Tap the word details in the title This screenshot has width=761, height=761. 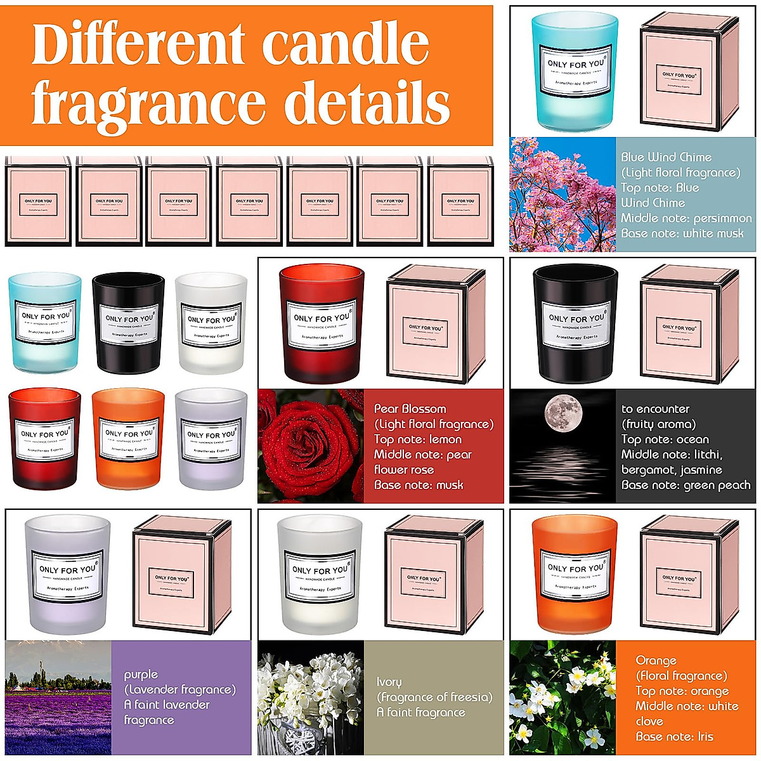[x=367, y=103]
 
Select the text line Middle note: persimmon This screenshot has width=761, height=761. [x=686, y=218]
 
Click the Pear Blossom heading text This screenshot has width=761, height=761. [x=410, y=409]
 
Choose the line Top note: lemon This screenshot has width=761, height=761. [x=417, y=439]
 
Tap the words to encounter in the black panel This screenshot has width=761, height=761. [x=655, y=409]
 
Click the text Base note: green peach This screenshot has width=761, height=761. [x=686, y=485]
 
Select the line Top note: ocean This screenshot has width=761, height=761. [x=665, y=439]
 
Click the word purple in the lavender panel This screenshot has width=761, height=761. [x=141, y=674]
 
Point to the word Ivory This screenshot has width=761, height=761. [x=389, y=682]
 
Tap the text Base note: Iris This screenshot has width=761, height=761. [x=674, y=736]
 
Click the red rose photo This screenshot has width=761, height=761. [x=311, y=446]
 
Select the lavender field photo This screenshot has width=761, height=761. [x=58, y=698]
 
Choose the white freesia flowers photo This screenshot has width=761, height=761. [x=311, y=698]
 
